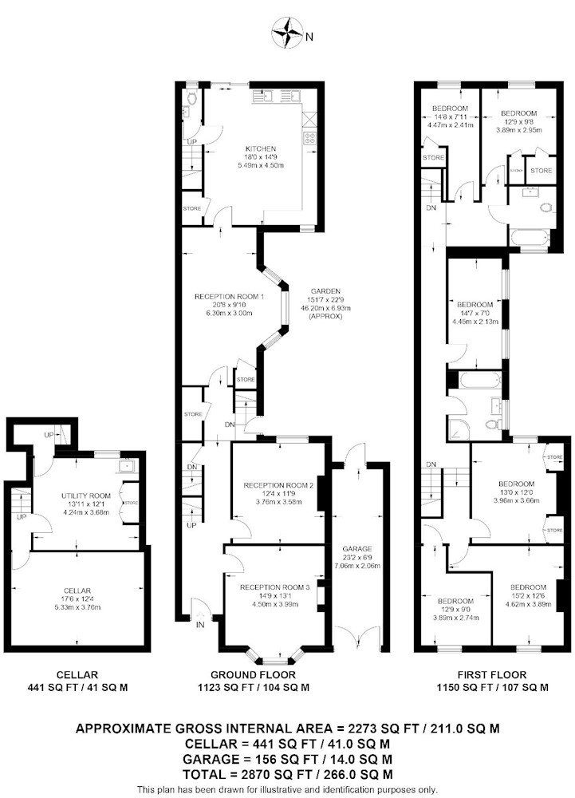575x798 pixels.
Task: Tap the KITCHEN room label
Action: pos(262,148)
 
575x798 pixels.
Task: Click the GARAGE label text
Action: pos(357,549)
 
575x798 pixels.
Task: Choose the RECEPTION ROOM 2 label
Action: pos(278,485)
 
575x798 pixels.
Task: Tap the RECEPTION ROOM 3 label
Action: pos(274,587)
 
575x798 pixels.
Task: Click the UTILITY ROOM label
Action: pos(86,496)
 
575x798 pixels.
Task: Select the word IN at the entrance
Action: pos(200,625)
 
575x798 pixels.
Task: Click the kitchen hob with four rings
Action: pos(309,137)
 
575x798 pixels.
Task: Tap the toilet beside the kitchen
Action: pos(191,97)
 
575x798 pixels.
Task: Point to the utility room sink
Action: pos(125,466)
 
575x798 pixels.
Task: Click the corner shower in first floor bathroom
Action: pos(459,428)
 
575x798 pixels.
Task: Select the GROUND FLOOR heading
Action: pos(253,675)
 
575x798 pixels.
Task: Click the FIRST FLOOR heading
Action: pos(492,675)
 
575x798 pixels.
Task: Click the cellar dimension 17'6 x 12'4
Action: pos(77,599)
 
